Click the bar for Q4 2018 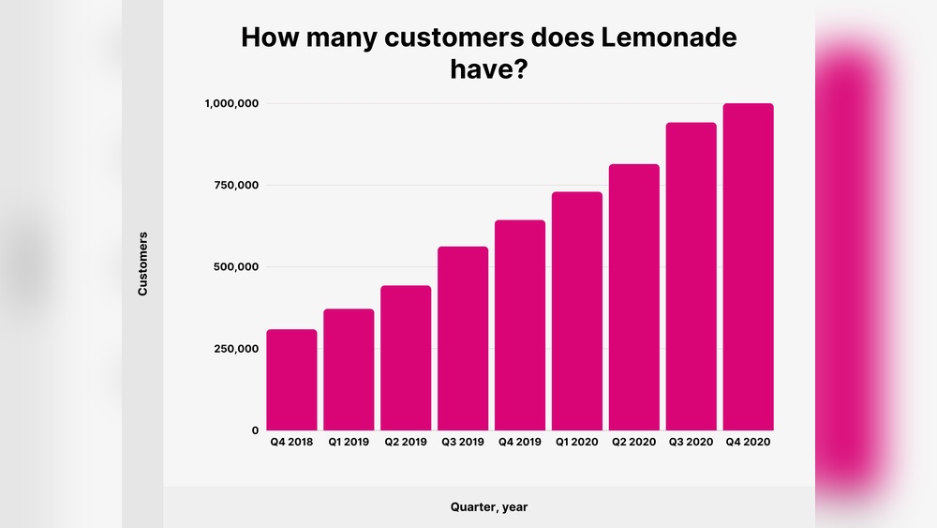[x=291, y=380]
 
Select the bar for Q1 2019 [x=349, y=370]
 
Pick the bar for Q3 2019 [x=463, y=339]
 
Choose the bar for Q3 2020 [x=692, y=277]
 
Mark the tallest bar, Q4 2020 [x=749, y=267]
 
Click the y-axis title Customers [x=143, y=264]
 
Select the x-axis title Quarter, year [x=489, y=507]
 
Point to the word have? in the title [x=489, y=69]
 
